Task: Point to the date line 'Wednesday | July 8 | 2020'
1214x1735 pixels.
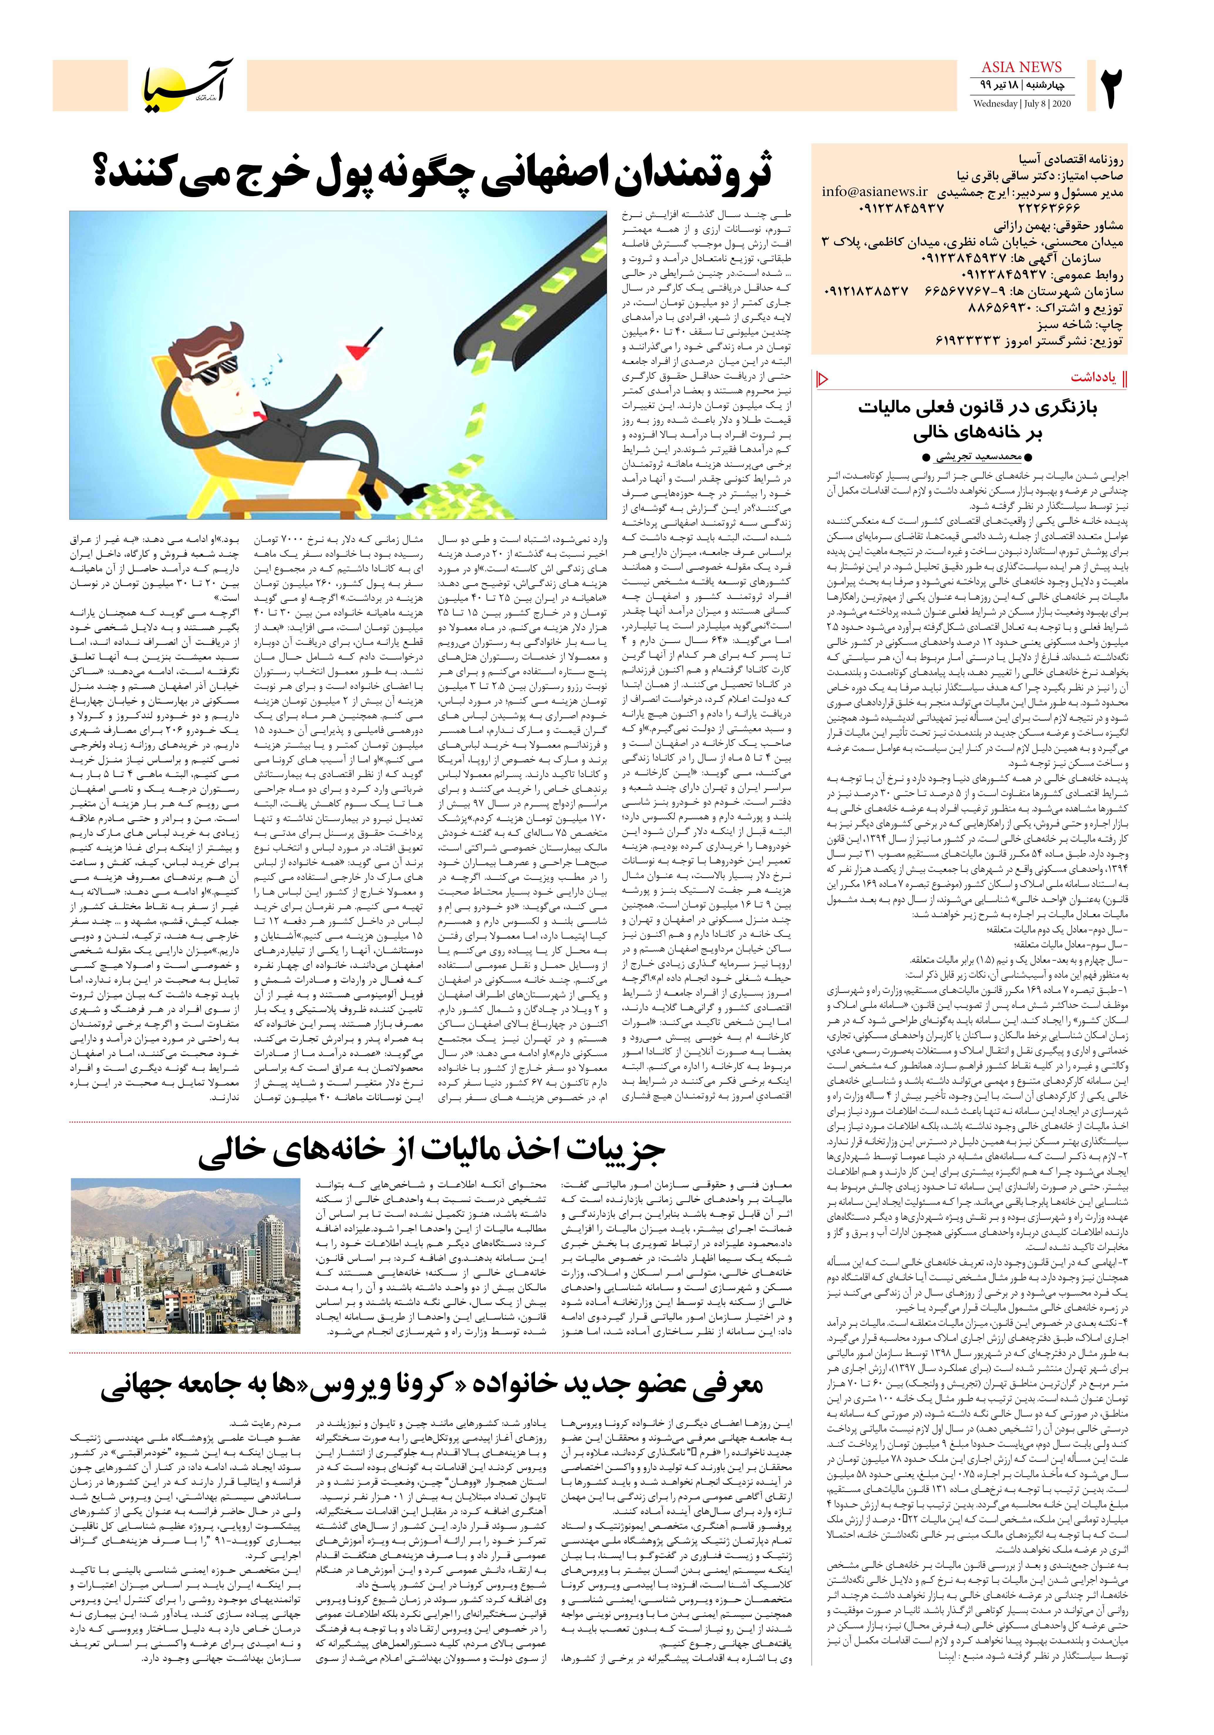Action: click(1021, 103)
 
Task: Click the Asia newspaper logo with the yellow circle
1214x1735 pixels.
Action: click(189, 83)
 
